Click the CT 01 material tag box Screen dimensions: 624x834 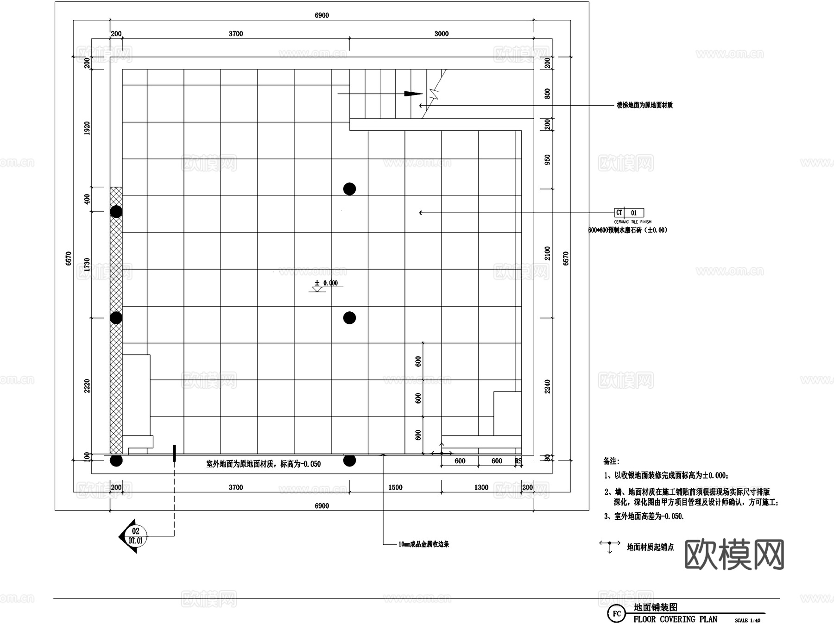pyautogui.click(x=629, y=213)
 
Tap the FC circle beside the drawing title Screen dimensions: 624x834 pyautogui.click(x=617, y=614)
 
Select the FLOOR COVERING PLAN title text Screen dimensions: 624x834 pyautogui.click(x=675, y=619)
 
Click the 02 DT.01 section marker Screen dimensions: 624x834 pyautogui.click(x=135, y=536)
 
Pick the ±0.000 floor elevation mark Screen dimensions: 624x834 pyautogui.click(x=327, y=283)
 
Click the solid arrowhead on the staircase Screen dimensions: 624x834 pyautogui.click(x=413, y=94)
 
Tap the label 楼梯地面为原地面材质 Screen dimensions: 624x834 pyautogui.click(x=644, y=106)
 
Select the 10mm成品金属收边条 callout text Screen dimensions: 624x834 pyautogui.click(x=424, y=544)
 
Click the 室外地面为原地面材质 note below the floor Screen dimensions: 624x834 pyautogui.click(x=263, y=464)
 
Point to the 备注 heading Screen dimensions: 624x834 pyautogui.click(x=611, y=461)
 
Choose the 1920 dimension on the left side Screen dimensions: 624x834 pyautogui.click(x=87, y=128)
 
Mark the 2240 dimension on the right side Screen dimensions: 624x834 pyautogui.click(x=548, y=386)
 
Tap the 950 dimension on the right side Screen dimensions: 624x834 pyautogui.click(x=548, y=160)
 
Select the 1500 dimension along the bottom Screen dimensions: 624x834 pyautogui.click(x=395, y=487)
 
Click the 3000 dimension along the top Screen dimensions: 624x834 pyautogui.click(x=442, y=33)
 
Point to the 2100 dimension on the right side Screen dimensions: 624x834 pyautogui.click(x=548, y=253)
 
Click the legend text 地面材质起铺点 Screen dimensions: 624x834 pyautogui.click(x=650, y=548)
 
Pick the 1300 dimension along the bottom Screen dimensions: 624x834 pyautogui.click(x=481, y=487)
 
